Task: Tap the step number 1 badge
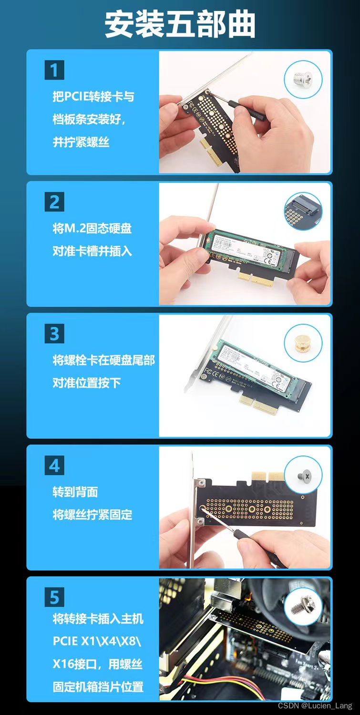[54, 70]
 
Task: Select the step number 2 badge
[54, 202]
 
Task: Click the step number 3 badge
[54, 333]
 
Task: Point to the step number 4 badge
[54, 465]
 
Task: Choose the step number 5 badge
[54, 597]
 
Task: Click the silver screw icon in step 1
[303, 79]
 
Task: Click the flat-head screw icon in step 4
[303, 475]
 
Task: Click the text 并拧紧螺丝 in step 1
[81, 142]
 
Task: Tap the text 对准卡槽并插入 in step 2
[92, 251]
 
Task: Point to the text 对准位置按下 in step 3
[87, 383]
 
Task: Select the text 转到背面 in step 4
[75, 492]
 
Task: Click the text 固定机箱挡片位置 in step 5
[98, 687]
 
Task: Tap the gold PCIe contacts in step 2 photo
[256, 279]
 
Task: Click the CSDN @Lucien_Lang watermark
[315, 705]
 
